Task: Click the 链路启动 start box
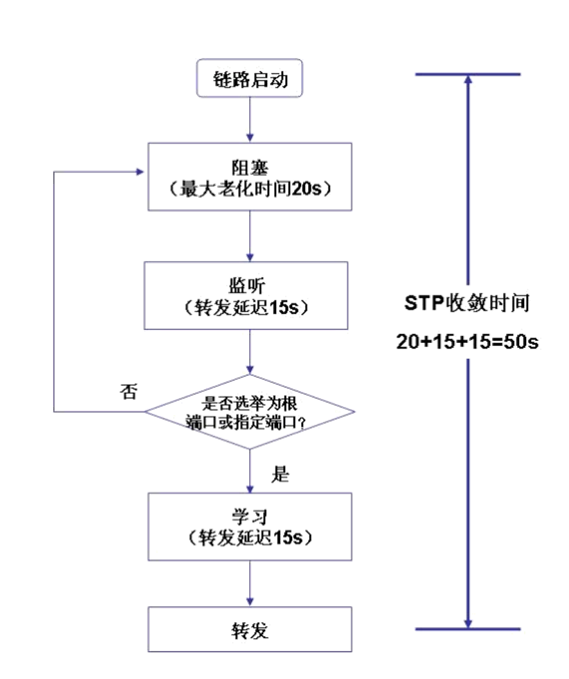pos(249,79)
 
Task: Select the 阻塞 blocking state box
pos(250,177)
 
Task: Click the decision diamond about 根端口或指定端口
pos(249,412)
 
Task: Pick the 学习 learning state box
pos(249,527)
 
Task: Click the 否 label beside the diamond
pos(129,392)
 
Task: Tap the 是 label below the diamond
pos(280,475)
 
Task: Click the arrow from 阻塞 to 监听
pos(249,236)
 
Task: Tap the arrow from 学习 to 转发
pos(249,584)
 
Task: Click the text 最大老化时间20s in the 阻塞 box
pos(250,187)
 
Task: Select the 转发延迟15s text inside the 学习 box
pos(249,537)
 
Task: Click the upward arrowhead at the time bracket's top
pos(468,80)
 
